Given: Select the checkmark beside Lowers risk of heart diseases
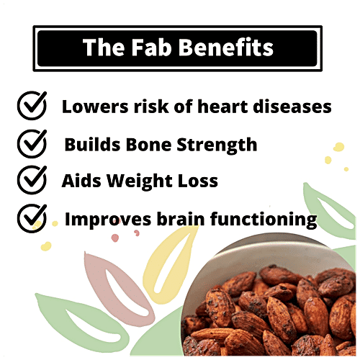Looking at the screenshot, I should (x=31, y=107).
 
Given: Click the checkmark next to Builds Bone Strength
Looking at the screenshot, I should (x=31, y=144).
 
